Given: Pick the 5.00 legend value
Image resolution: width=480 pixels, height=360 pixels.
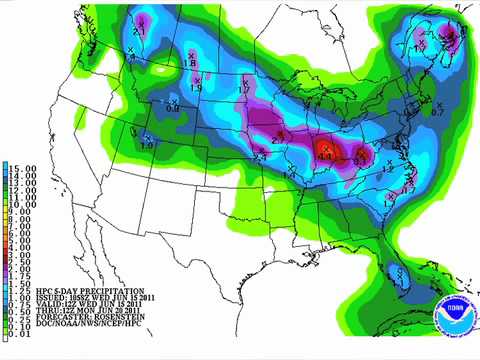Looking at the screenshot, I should tap(17, 245).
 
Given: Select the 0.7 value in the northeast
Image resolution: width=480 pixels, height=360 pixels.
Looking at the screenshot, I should tap(437, 111).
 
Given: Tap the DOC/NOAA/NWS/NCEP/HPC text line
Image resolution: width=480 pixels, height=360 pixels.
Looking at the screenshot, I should tap(81, 334).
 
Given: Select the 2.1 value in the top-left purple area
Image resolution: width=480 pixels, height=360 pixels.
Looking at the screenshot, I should tap(139, 32).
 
